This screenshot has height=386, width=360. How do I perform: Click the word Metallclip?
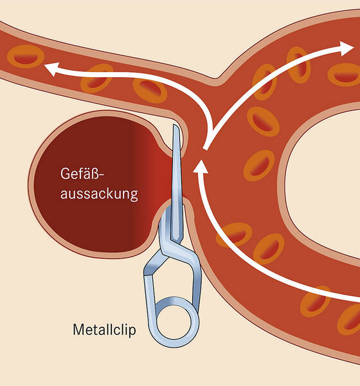pos(104,329)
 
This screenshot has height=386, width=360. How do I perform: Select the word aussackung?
pos(99,194)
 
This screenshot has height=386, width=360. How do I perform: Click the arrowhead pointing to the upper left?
pos(52,68)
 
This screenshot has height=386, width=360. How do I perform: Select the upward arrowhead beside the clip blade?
pos(201,167)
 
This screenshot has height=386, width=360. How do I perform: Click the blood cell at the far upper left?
pos(26,57)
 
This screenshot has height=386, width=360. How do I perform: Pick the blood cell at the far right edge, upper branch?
pos(345,75)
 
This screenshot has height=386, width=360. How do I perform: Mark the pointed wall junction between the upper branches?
pos(216,78)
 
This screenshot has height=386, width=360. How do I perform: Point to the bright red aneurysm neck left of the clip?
pos(163,178)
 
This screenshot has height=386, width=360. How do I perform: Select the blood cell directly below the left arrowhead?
pos(96,78)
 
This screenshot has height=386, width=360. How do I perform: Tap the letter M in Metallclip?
pos(78,329)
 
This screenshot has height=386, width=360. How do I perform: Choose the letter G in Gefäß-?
pos(64,174)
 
